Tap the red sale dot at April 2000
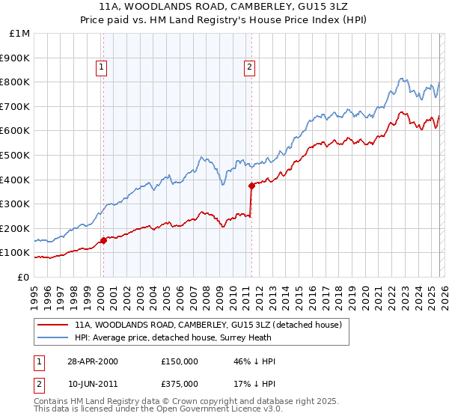click(x=103, y=240)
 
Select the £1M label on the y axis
click(x=20, y=33)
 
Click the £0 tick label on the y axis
click(x=22, y=277)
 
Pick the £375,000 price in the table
click(x=180, y=384)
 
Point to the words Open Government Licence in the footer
click(x=195, y=411)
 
